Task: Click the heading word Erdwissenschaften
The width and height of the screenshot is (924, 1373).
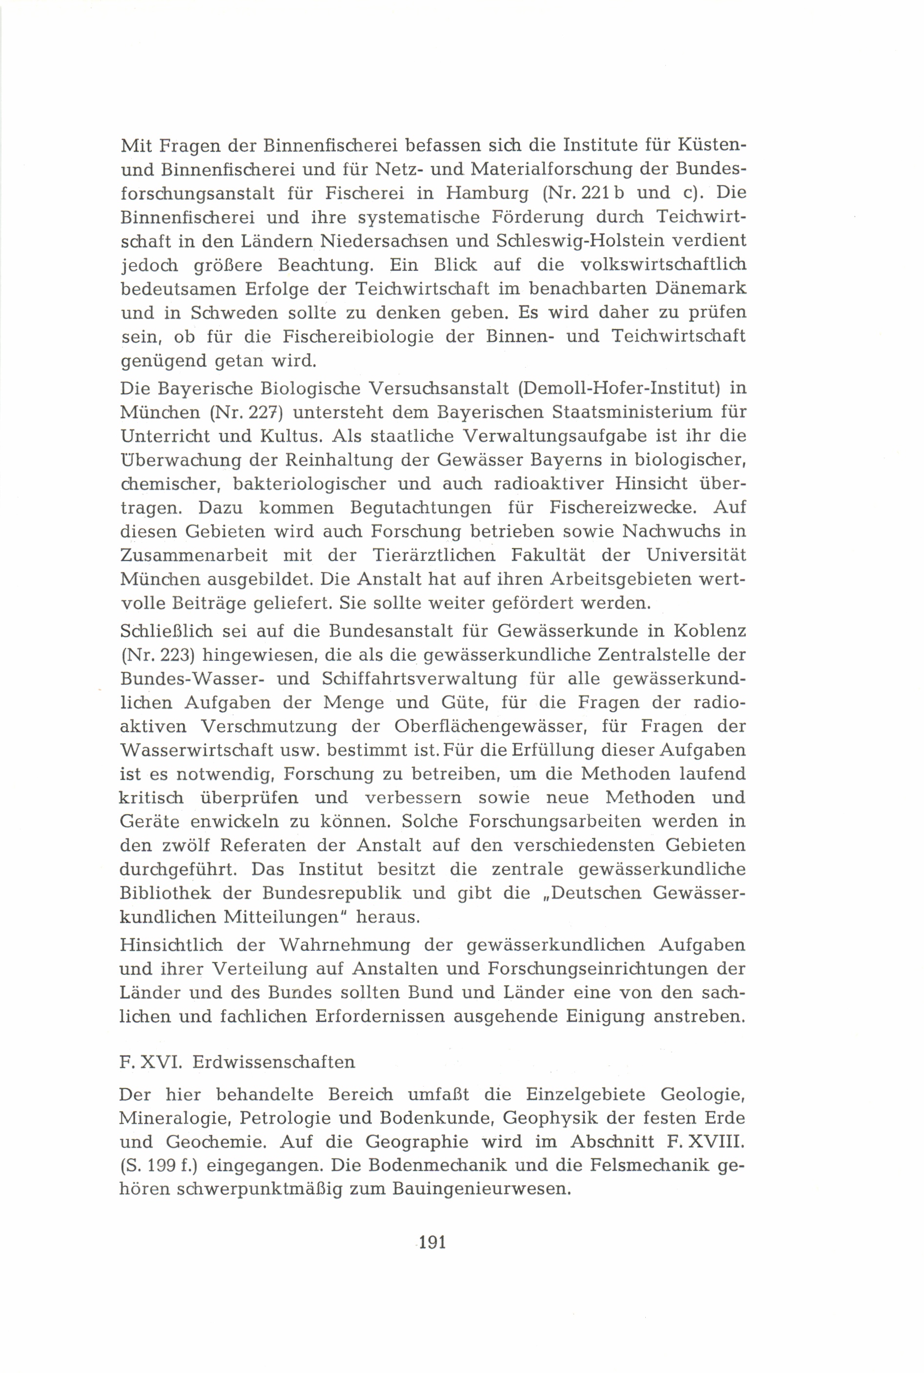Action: click(x=273, y=1062)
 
